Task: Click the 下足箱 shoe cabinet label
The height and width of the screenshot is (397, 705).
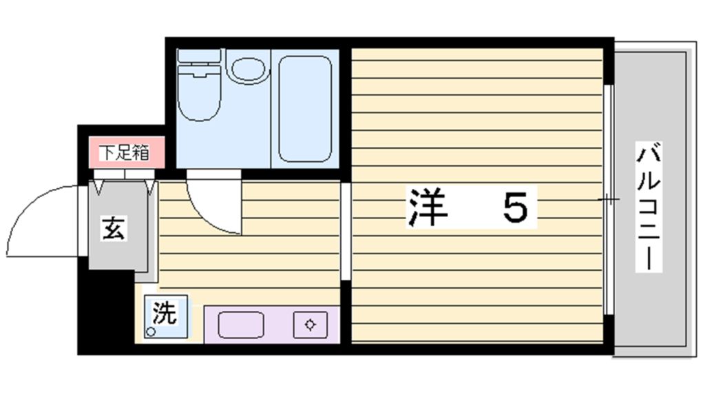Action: coord(124,152)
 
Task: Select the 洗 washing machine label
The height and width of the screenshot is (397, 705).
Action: coord(164,314)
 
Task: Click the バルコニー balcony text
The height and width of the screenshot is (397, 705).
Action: coord(649,207)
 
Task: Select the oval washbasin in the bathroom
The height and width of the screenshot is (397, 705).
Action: coord(247,70)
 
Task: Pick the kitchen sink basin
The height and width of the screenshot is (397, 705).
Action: coord(240,324)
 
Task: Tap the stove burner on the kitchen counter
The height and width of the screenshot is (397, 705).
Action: coord(311,324)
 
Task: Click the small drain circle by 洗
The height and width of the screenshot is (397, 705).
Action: coord(150,332)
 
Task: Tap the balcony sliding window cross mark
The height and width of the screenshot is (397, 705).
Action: coord(608,199)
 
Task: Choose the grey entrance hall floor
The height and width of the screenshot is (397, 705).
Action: coord(116,234)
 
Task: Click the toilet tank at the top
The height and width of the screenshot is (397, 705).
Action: coord(199,56)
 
